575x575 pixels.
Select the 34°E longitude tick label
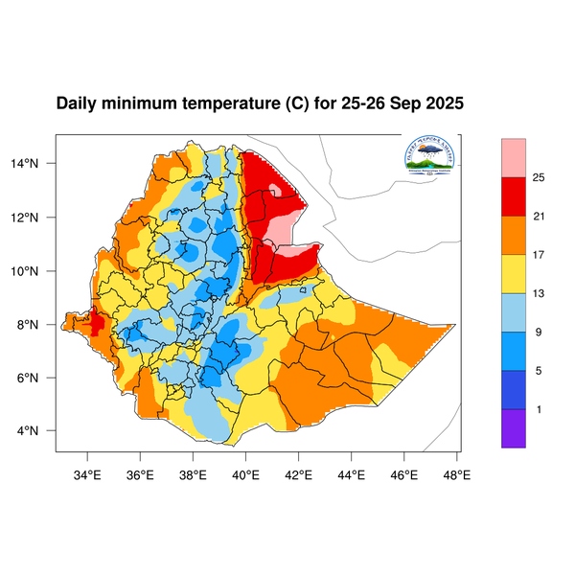click(x=88, y=472)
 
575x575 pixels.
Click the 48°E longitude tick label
click(x=456, y=472)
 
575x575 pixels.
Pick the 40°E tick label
click(x=246, y=472)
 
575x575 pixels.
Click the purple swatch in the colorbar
click(x=514, y=428)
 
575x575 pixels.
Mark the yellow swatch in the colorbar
click(x=514, y=275)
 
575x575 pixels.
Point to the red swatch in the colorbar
click(x=514, y=197)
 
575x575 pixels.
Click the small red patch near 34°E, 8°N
click(x=96, y=323)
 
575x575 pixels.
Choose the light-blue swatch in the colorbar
click(x=514, y=313)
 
